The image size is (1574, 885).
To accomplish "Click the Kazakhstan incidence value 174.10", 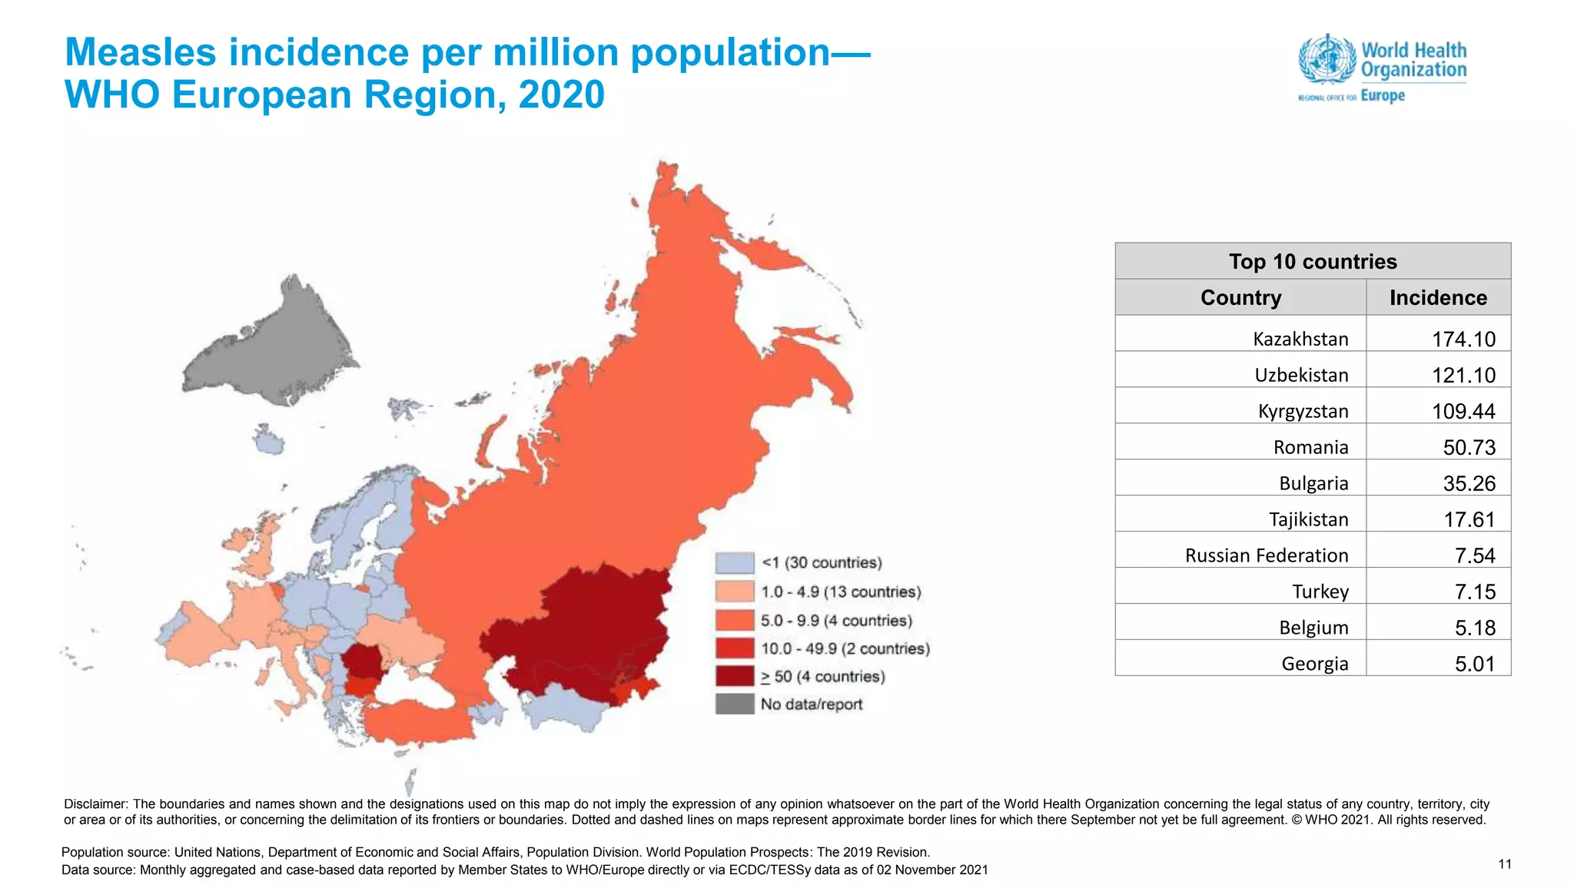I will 1463,339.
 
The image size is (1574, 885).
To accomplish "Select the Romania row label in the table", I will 1310,447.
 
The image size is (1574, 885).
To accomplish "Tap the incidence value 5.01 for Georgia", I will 1475,664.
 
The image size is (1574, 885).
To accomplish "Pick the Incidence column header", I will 1438,297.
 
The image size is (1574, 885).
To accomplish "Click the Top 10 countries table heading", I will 1313,261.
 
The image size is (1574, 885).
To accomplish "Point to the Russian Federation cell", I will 1266,555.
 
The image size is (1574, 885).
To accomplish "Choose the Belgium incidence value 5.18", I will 1475,628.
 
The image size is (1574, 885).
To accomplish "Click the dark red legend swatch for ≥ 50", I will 734,676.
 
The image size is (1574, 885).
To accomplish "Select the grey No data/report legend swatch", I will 734,704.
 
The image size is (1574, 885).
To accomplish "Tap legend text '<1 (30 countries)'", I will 821,562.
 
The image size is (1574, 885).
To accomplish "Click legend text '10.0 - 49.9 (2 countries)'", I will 845,648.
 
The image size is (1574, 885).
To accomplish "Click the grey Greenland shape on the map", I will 269,346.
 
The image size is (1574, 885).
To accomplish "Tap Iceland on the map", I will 267,442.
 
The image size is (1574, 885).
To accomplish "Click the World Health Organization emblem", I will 1327,59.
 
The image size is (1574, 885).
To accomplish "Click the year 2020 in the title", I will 561,95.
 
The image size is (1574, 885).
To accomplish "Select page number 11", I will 1504,864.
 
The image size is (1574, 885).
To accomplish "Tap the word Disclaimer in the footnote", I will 95,804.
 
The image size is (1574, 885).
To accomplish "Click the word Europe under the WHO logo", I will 1382,96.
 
